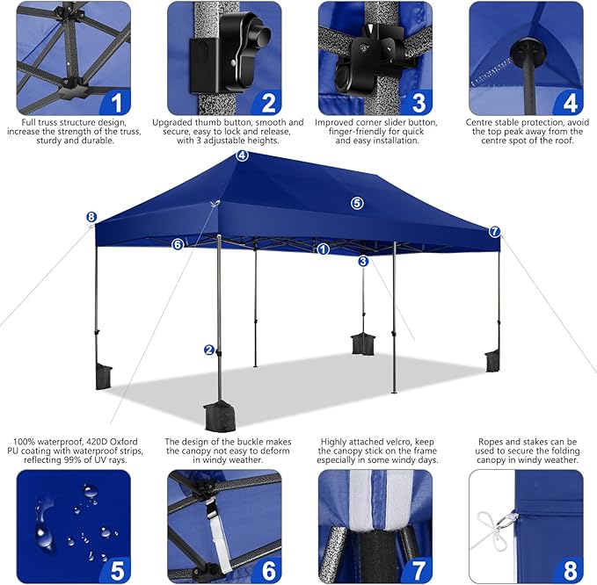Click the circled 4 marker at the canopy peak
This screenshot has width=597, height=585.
tap(242, 155)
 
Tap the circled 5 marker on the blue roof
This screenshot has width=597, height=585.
tap(357, 203)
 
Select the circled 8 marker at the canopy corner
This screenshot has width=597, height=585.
tap(91, 217)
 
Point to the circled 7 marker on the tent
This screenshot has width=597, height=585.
tap(495, 231)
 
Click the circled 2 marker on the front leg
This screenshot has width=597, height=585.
tap(209, 350)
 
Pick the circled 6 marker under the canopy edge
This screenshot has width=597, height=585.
tap(178, 244)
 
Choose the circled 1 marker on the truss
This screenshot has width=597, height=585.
tap(324, 249)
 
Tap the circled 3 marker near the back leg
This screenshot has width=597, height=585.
tap(363, 261)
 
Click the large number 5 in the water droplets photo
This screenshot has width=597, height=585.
tap(118, 570)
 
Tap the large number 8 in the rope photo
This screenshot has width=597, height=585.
tap(570, 570)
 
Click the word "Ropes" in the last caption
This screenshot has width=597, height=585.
tap(491, 442)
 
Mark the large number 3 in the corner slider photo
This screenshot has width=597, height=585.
tap(419, 103)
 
